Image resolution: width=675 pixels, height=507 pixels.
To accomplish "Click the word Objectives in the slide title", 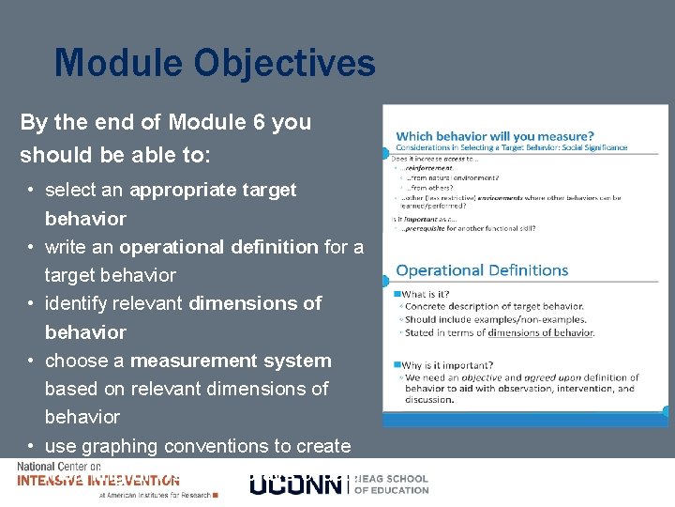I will pyautogui.click(x=285, y=64).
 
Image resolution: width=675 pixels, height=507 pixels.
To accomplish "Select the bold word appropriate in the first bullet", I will pyautogui.click(x=185, y=190).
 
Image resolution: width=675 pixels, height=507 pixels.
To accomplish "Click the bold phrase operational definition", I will pyautogui.click(x=218, y=247).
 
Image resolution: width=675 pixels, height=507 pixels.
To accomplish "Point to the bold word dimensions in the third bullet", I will pyautogui.click(x=255, y=303).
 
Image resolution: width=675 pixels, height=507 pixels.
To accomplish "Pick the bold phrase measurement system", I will pyautogui.click(x=231, y=361).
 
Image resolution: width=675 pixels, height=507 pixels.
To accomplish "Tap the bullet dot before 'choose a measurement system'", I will pyautogui.click(x=32, y=361).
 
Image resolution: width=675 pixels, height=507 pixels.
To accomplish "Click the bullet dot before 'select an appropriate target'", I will pyautogui.click(x=32, y=190).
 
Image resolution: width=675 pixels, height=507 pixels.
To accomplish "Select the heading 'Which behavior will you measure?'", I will pyautogui.click(x=494, y=136).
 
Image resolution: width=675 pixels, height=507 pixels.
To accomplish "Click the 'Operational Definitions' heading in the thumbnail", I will pyautogui.click(x=482, y=270).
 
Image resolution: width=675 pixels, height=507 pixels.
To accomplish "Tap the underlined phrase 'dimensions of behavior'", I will pyautogui.click(x=539, y=332).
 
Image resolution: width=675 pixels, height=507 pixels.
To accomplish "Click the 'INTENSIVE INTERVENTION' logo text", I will pyautogui.click(x=98, y=481).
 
